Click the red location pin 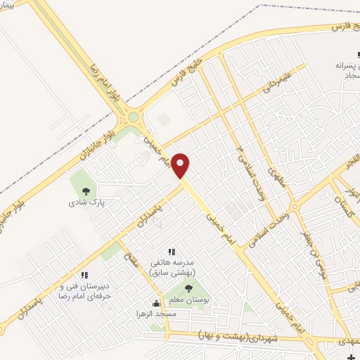[x=181, y=166]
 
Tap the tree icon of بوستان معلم [x=188, y=288]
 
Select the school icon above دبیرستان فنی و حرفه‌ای [x=84, y=275]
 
